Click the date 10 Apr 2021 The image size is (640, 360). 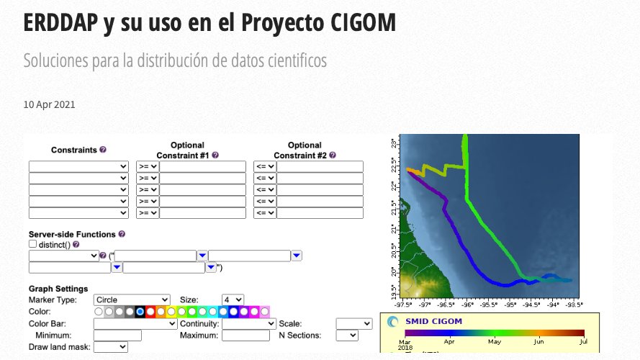click(x=49, y=104)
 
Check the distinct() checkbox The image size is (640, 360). click(x=33, y=245)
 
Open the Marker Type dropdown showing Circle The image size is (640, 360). click(x=132, y=300)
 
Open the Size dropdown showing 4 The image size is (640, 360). click(x=233, y=300)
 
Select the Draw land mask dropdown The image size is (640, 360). click(x=112, y=347)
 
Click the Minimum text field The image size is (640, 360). click(x=117, y=336)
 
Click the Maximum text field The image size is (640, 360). click(x=245, y=336)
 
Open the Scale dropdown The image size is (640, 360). click(x=353, y=324)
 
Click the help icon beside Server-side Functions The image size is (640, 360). click(x=122, y=234)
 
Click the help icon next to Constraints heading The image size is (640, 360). click(x=103, y=150)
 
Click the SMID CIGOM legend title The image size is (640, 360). click(x=434, y=321)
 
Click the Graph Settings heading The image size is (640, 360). click(x=58, y=289)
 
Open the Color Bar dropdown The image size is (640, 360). click(x=135, y=324)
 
